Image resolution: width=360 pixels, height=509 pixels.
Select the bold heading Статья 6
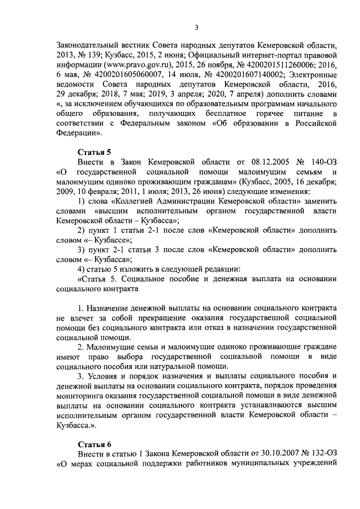click(x=94, y=444)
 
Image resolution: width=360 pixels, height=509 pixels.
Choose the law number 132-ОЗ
click(x=322, y=454)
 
